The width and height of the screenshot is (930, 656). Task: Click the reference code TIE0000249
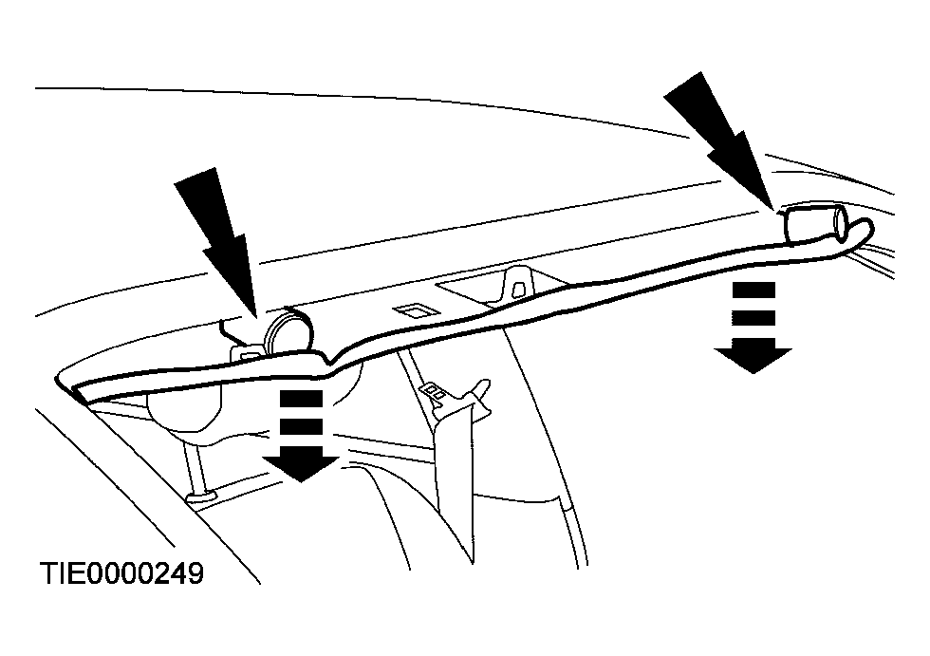pyautogui.click(x=121, y=573)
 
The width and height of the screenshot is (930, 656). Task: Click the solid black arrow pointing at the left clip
pyautogui.click(x=219, y=243)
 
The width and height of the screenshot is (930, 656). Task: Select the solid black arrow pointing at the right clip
pyautogui.click(x=720, y=141)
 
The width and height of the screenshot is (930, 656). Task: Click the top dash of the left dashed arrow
pyautogui.click(x=302, y=399)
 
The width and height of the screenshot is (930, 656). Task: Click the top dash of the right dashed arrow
pyautogui.click(x=753, y=291)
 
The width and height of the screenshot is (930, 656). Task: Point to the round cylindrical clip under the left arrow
pyautogui.click(x=288, y=331)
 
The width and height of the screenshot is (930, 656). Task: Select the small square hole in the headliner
pyautogui.click(x=410, y=310)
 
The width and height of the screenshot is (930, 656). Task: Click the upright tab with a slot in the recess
pyautogui.click(x=518, y=284)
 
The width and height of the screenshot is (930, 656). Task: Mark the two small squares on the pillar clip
pyautogui.click(x=435, y=392)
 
